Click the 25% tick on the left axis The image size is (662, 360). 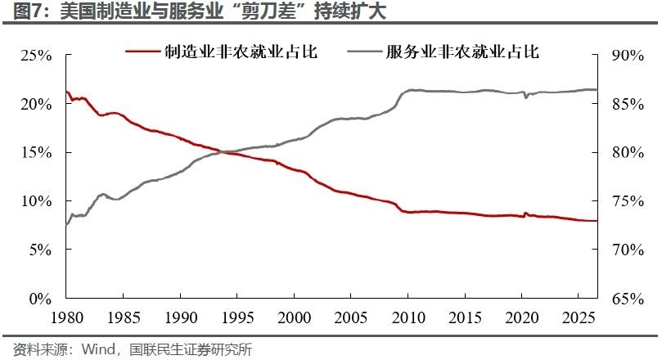click(36, 56)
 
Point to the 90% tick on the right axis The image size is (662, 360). click(628, 56)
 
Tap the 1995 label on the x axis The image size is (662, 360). click(236, 317)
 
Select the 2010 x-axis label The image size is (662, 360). click(408, 317)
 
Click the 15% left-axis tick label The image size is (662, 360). click(36, 152)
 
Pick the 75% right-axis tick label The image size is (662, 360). click(628, 201)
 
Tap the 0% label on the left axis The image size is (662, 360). click(40, 299)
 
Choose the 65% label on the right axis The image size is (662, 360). click(628, 299)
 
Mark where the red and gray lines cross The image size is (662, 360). click(223, 152)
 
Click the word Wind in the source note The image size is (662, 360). click(98, 349)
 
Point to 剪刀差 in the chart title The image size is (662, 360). click(269, 11)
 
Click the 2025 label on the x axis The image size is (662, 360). click(579, 317)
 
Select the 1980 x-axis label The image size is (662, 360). click(67, 317)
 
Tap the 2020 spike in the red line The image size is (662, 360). click(525, 214)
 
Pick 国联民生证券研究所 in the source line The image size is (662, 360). click(191, 349)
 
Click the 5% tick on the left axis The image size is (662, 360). click(40, 250)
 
